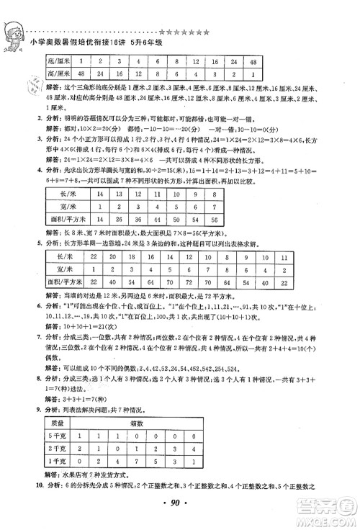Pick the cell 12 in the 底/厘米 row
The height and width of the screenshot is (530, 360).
click(x=195, y=62)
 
